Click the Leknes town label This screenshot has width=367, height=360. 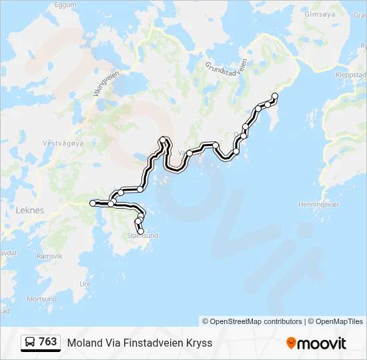pyautogui.click(x=29, y=210)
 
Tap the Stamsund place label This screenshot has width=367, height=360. pyautogui.click(x=142, y=235)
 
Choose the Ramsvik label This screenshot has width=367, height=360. pyautogui.click(x=49, y=256)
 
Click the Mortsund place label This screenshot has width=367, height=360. pyautogui.click(x=41, y=299)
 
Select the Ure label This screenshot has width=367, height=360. pyautogui.click(x=85, y=283)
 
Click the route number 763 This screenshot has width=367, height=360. pyautogui.click(x=47, y=342)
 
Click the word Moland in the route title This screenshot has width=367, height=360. pyautogui.click(x=83, y=343)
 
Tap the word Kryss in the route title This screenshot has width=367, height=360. pyautogui.click(x=198, y=343)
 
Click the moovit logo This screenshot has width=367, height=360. pyautogui.click(x=316, y=343)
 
